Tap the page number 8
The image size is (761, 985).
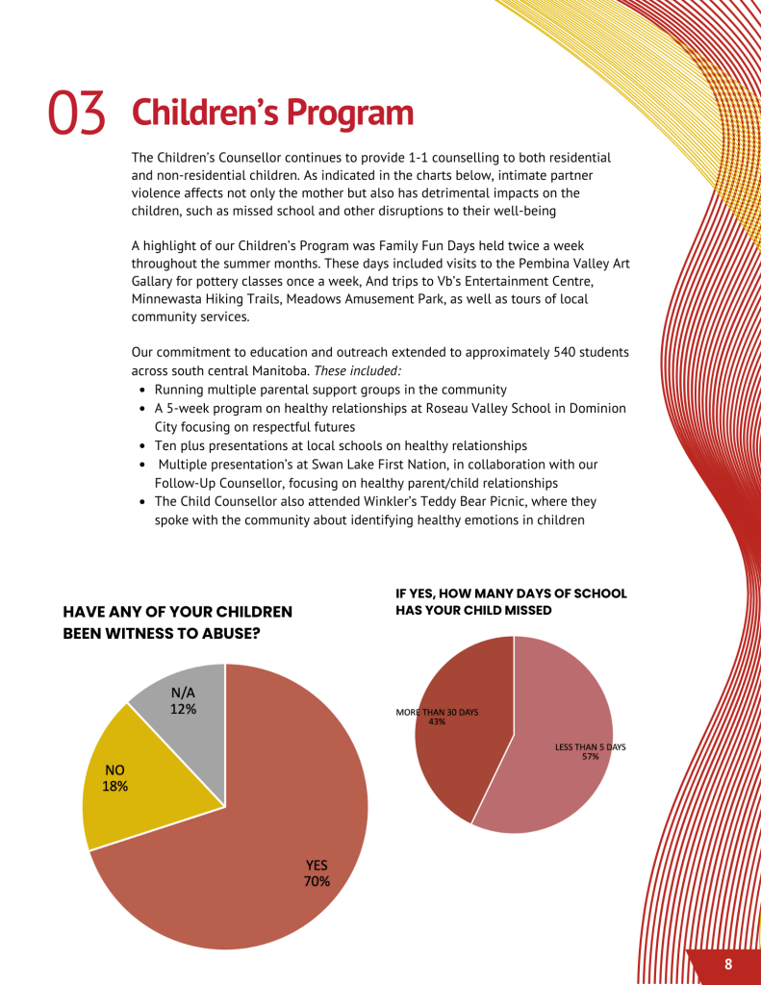pyautogui.click(x=728, y=965)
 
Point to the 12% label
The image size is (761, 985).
pyautogui.click(x=183, y=709)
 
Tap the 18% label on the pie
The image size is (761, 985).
pyautogui.click(x=114, y=786)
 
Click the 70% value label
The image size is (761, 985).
pyautogui.click(x=317, y=881)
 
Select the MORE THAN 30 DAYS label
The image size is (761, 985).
pyautogui.click(x=437, y=712)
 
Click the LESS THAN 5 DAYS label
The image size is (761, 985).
pyautogui.click(x=591, y=746)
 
